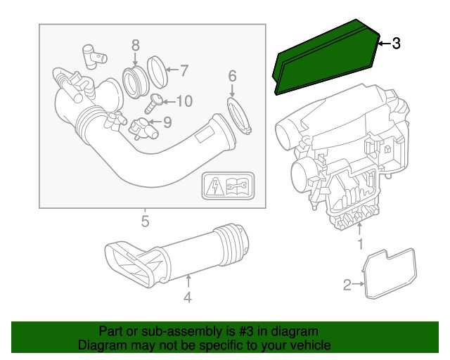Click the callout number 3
pos(396,44)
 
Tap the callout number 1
pos(359,245)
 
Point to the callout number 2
pos(347,285)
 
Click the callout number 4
pos(188,298)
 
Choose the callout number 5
pos(144,223)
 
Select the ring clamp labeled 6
pos(239,116)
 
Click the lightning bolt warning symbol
pos(214,186)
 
